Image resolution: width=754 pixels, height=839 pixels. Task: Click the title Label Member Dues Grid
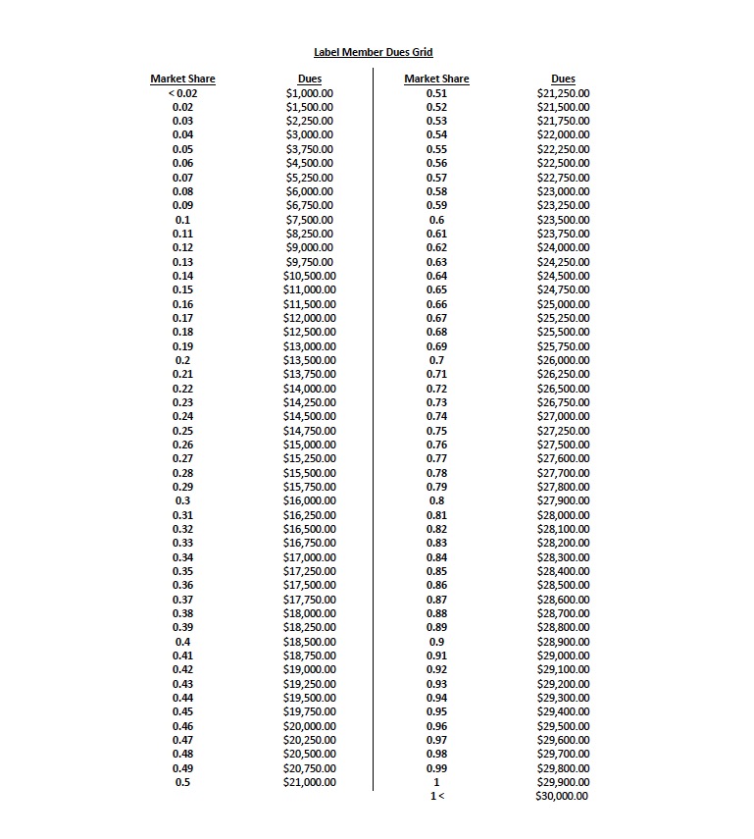click(x=373, y=52)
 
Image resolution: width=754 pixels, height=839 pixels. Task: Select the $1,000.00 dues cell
click(x=309, y=93)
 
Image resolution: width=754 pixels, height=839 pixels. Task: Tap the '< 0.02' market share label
click(x=182, y=93)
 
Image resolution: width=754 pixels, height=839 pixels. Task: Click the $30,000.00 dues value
click(x=562, y=796)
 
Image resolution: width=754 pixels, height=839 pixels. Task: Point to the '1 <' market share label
click(x=436, y=796)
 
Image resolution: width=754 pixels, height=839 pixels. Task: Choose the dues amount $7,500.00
click(x=309, y=220)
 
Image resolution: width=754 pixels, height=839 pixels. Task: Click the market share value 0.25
click(x=182, y=431)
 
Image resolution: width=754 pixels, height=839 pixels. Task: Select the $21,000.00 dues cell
click(x=309, y=782)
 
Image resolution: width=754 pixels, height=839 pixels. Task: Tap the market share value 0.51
click(x=436, y=93)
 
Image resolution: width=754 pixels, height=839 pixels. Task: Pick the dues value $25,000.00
click(x=563, y=304)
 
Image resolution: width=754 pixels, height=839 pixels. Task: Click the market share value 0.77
click(x=436, y=458)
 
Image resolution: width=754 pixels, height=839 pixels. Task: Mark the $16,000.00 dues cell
click(x=309, y=500)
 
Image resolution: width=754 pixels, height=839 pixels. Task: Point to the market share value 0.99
click(x=436, y=767)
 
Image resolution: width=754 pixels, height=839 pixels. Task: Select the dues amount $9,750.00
click(x=309, y=262)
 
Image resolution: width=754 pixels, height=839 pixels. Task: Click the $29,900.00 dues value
click(x=563, y=782)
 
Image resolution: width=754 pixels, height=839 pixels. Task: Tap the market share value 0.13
click(x=182, y=262)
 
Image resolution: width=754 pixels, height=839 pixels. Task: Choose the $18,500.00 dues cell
click(x=309, y=642)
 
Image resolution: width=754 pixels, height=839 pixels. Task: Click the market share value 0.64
click(x=436, y=276)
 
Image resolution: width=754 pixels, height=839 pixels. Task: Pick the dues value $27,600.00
click(x=563, y=458)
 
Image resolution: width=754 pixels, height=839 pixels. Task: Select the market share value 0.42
click(x=182, y=669)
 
